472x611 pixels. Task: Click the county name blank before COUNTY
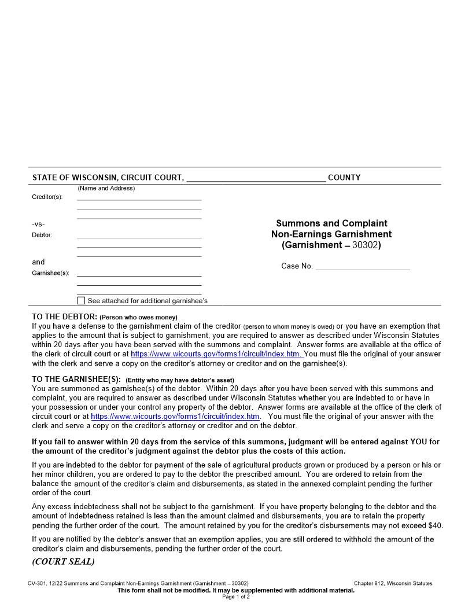coord(256,178)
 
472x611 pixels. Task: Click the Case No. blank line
coord(363,266)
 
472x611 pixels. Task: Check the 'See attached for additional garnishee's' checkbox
coord(81,301)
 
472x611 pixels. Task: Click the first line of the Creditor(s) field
coord(139,197)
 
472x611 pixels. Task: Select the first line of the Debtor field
coord(139,235)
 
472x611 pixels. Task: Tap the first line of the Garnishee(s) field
coord(139,273)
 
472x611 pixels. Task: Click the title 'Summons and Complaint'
coord(331,223)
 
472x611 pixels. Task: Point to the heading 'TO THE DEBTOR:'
coord(64,317)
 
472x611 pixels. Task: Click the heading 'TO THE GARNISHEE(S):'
coord(76,380)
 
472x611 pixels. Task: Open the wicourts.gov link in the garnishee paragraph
coord(175,417)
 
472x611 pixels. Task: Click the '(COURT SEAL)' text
coord(63,562)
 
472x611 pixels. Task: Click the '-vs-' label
coord(38,224)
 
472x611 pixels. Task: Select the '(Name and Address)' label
coord(106,188)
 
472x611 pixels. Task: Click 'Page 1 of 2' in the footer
coord(236,597)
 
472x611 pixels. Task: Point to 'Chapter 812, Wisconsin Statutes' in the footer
coord(393,583)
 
